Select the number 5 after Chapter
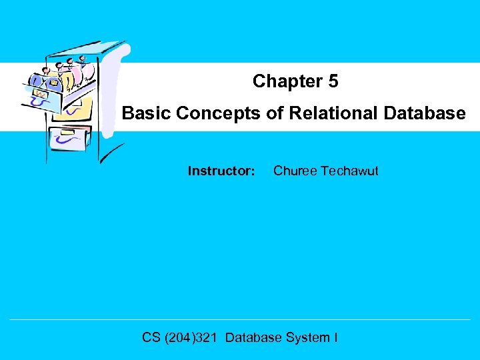point(333,81)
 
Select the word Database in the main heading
point(425,114)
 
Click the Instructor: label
point(221,171)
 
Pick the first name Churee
point(295,171)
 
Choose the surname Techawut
point(349,171)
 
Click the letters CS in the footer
point(151,337)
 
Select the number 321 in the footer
point(208,337)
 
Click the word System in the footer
point(307,337)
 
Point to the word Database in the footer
point(253,337)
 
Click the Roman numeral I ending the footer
point(335,337)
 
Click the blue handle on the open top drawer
point(41,102)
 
